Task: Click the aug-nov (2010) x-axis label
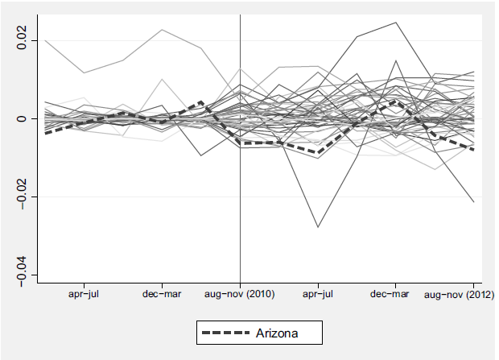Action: (241, 295)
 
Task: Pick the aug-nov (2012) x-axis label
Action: (459, 295)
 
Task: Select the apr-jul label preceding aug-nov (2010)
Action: (85, 295)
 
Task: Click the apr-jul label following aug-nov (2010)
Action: (318, 295)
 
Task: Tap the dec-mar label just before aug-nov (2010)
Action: (163, 295)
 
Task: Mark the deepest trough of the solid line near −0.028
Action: (318, 227)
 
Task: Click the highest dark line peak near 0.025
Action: (396, 23)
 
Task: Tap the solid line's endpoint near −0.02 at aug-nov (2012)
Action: (473, 202)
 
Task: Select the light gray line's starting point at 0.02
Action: (46, 39)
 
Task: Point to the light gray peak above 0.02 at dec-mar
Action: (163, 30)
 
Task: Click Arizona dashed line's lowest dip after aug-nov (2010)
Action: (320, 153)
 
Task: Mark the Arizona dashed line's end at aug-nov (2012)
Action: (473, 150)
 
